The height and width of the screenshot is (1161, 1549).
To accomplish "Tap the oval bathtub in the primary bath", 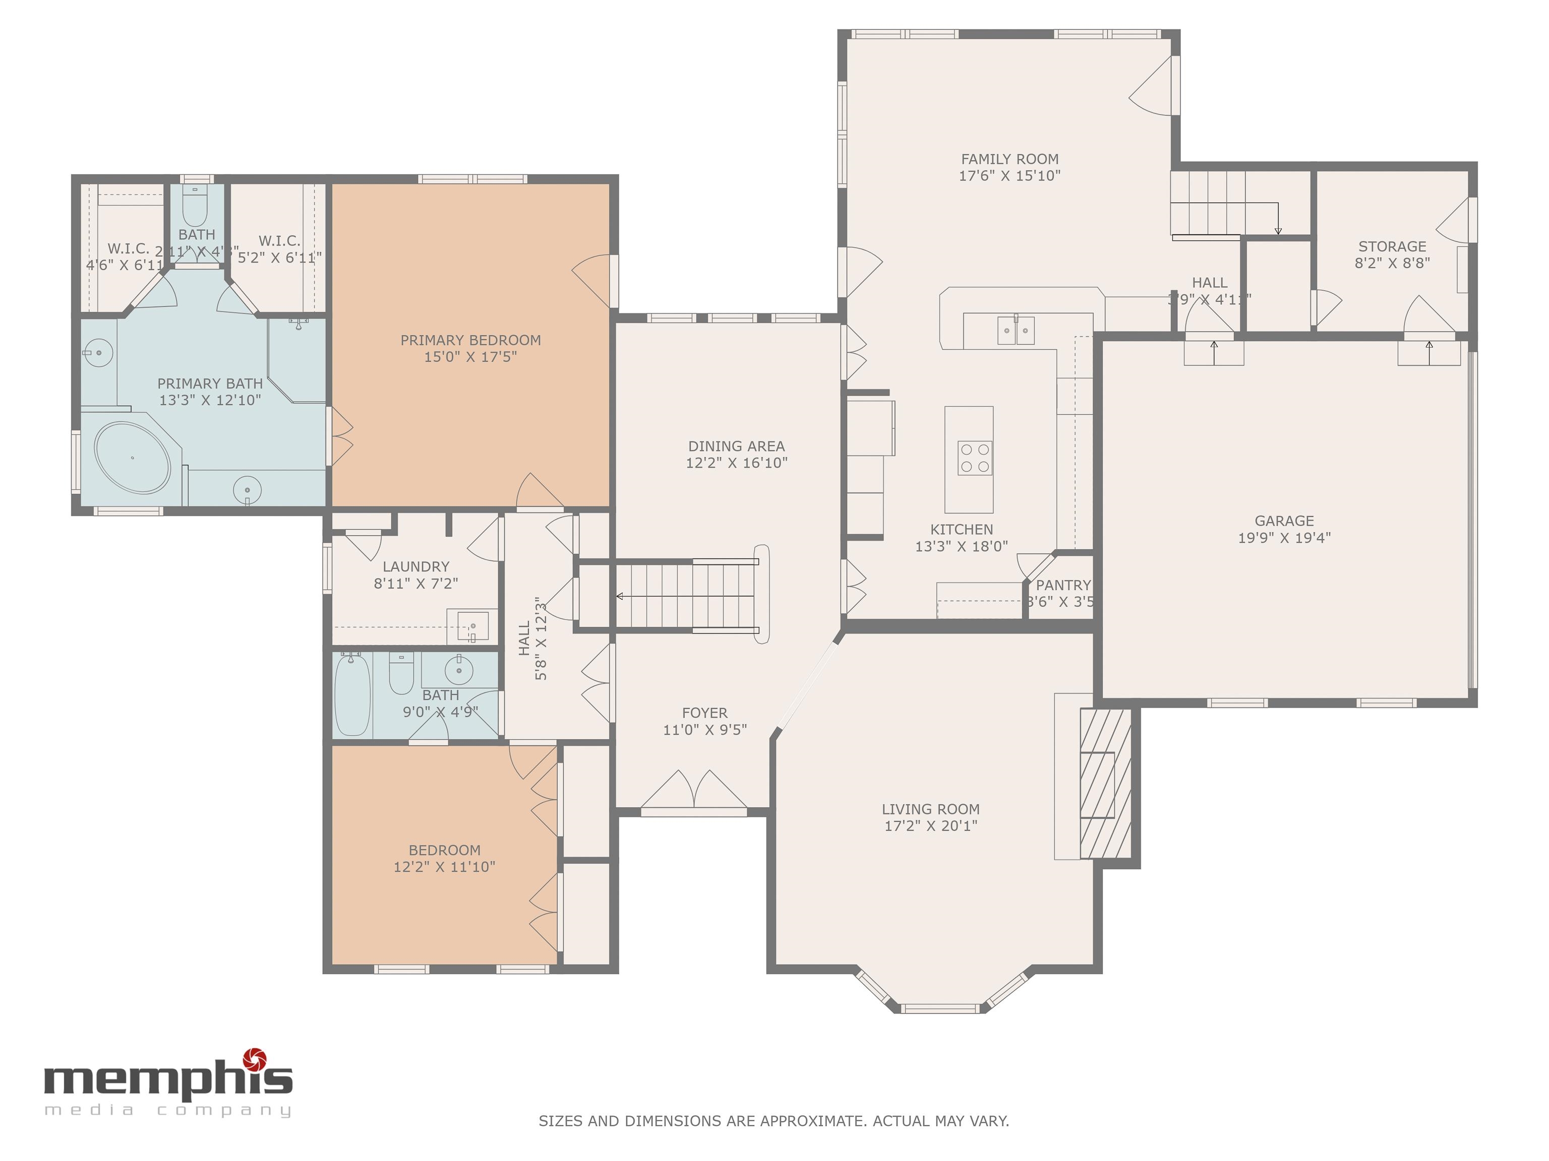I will tap(132, 458).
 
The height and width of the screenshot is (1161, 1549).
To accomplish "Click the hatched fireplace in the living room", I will tap(1105, 783).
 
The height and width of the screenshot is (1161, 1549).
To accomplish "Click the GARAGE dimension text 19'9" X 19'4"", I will tap(1284, 538).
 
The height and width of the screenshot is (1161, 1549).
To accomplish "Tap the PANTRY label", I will tap(1063, 585).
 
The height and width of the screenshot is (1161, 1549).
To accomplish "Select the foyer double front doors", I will tap(694, 791).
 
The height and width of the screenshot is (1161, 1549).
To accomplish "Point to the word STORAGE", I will tap(1392, 247).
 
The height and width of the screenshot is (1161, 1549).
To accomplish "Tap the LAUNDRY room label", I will tap(416, 567).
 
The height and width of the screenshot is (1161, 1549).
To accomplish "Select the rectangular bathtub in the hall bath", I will tap(352, 695).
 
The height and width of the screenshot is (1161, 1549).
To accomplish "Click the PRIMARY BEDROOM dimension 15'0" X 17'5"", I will tap(470, 357).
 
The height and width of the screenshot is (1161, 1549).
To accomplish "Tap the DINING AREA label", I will tap(736, 446).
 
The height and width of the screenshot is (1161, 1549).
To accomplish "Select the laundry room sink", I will tap(472, 626).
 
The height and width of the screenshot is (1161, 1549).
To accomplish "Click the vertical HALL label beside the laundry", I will tap(524, 638).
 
